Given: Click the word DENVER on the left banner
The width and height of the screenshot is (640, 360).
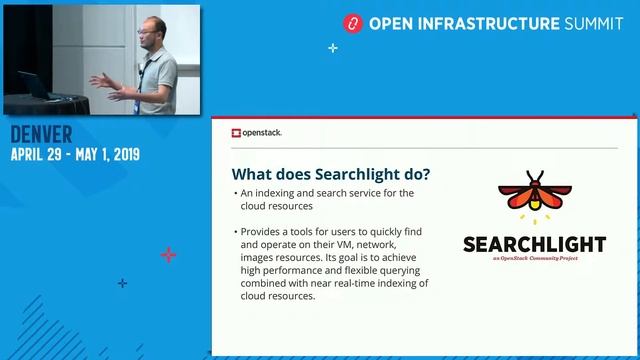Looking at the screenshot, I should coord(42,135).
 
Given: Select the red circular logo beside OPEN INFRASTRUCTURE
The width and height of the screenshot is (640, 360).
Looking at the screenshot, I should coord(351,22).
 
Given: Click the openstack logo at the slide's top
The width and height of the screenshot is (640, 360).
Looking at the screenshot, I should coord(256,132).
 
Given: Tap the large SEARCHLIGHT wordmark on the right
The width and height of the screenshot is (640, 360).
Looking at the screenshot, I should coord(535,244).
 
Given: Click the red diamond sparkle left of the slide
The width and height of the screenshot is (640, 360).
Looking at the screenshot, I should coord(168,255).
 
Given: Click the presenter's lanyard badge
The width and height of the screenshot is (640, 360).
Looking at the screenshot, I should coord(142,84).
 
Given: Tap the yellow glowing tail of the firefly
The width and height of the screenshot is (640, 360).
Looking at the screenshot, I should coord(535,213).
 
